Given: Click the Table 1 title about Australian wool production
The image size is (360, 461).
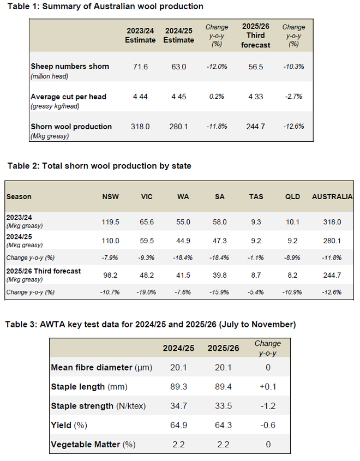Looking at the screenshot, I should point(105,7).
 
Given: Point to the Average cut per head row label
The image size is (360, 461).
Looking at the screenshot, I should point(68,97).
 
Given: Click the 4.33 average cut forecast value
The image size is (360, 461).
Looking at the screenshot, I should point(255,97).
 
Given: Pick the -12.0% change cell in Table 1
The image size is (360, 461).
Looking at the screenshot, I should point(217,67).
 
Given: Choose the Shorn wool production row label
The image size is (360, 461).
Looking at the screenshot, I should point(71,127).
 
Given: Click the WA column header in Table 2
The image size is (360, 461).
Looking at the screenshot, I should point(183,196).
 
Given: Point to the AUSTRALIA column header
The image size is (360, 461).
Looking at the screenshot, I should point(332,196).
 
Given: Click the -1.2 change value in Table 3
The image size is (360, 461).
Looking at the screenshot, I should point(267,406).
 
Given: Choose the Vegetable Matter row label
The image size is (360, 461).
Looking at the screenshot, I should point(93,444).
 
